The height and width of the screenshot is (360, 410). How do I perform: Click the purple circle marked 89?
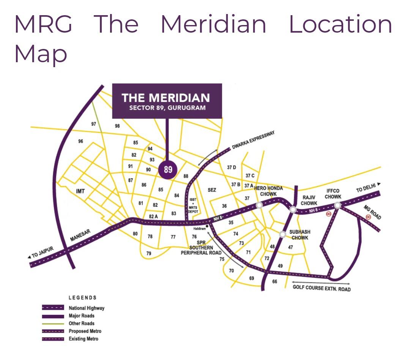[167, 170]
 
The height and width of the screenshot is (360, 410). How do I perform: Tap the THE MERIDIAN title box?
[167, 101]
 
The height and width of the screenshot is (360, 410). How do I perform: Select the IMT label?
[80, 191]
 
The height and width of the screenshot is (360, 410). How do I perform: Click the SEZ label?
[212, 190]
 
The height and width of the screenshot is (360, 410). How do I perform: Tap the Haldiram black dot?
[207, 226]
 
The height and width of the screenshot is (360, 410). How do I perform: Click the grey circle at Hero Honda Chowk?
[259, 205]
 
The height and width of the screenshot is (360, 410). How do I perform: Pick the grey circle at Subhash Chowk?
[282, 234]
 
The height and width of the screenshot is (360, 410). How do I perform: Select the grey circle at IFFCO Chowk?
[337, 206]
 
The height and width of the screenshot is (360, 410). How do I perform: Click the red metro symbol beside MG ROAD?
[368, 217]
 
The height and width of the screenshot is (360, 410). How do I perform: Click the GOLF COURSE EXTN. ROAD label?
[322, 288]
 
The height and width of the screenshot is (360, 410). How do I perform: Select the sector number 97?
[93, 124]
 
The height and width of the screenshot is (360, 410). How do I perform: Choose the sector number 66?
[274, 281]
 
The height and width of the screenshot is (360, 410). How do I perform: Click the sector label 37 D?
[232, 167]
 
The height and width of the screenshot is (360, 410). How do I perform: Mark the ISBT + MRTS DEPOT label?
[193, 205]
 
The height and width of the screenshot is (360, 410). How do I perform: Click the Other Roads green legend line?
[53, 323]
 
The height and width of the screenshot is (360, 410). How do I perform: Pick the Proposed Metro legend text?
[85, 331]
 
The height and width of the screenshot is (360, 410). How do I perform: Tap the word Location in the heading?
[341, 24]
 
